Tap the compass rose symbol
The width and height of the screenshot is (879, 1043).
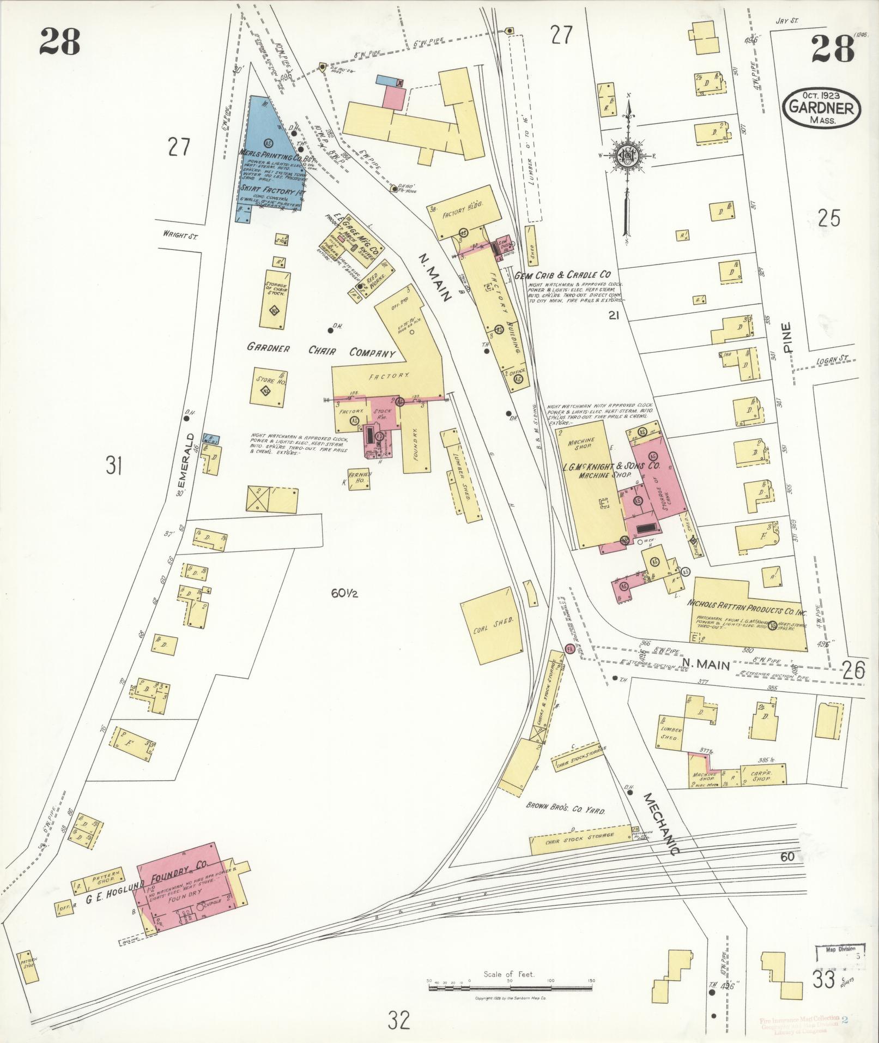click(x=627, y=156)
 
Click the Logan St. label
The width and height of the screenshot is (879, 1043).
click(x=833, y=361)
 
